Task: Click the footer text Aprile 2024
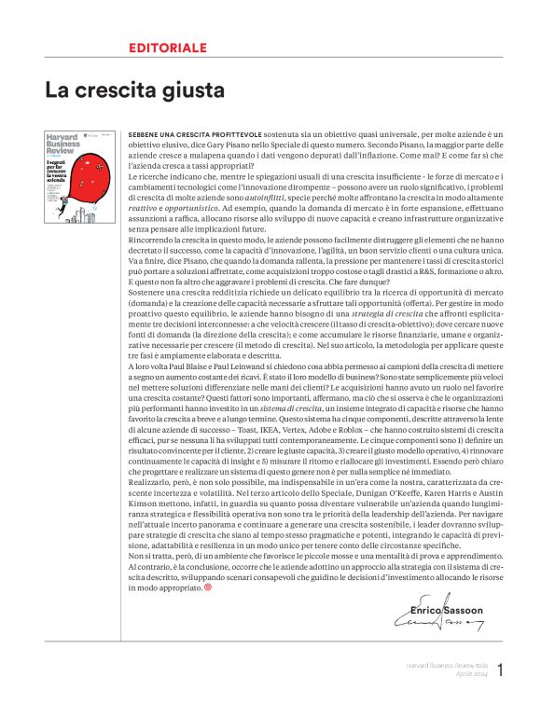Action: click(472, 673)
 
